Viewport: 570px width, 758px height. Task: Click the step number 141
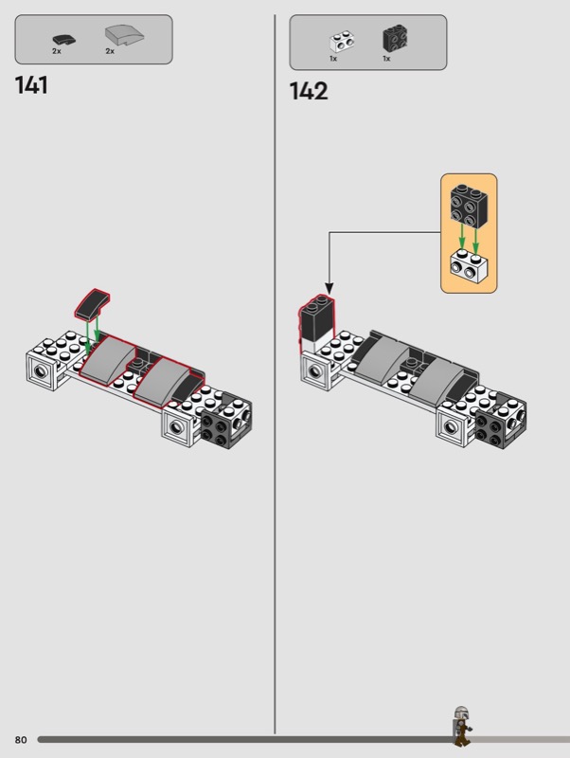coord(31,85)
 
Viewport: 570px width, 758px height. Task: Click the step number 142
coord(308,91)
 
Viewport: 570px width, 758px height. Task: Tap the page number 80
coord(21,740)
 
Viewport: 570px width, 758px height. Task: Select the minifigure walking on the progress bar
coord(462,726)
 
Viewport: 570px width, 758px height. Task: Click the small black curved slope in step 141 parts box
coord(63,39)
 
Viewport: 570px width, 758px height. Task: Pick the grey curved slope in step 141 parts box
coord(125,36)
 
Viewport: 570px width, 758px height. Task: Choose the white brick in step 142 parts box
coord(343,42)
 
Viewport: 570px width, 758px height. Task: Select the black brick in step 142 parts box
coord(396,38)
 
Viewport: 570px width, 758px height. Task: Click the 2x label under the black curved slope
coord(57,51)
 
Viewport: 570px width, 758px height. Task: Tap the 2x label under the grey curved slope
coord(110,51)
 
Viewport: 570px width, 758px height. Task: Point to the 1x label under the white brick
coord(333,59)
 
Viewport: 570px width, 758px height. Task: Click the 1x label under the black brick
coord(386,59)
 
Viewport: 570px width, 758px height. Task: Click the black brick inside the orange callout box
coord(469,206)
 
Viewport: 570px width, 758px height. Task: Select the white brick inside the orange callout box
coord(469,267)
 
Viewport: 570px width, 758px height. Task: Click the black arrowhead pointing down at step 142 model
coord(329,289)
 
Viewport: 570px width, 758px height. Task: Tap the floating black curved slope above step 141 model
coord(92,304)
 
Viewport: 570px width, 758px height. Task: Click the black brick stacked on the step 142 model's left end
coord(317,318)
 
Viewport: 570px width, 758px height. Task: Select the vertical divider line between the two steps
coord(275,374)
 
